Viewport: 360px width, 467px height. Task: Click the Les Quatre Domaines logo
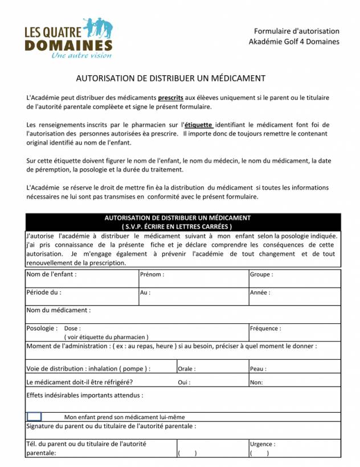[68, 38]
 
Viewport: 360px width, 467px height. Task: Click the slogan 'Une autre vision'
[81, 55]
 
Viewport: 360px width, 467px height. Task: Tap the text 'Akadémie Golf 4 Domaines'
[294, 41]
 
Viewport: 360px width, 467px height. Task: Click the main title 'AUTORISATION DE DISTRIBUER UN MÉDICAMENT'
[171, 78]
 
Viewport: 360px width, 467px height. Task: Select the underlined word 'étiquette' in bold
[199, 124]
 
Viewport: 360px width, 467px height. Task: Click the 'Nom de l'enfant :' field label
[52, 274]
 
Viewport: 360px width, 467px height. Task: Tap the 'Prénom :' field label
[152, 275]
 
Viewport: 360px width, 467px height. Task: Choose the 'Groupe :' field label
[261, 275]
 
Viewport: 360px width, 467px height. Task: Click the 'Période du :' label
[44, 293]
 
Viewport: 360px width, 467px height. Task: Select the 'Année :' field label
[260, 293]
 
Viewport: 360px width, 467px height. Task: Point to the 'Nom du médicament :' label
[59, 311]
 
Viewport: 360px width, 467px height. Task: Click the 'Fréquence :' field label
[265, 329]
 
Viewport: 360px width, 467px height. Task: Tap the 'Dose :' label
[72, 329]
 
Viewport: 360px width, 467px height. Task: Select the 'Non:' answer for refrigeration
[256, 383]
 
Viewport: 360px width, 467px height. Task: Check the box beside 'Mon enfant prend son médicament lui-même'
[34, 417]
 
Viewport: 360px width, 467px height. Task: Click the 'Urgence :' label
[263, 444]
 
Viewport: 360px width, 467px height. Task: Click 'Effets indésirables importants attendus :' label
[85, 395]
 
